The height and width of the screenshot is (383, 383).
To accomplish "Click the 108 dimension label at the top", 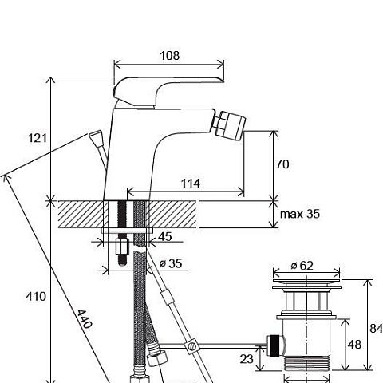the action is point(169,56).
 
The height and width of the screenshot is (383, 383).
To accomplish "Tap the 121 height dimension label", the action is point(38,138).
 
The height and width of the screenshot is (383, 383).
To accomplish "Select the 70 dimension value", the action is point(282,164).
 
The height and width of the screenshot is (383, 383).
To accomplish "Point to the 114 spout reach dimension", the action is point(191,184).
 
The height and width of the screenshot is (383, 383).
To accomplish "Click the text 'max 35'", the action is point(300,214).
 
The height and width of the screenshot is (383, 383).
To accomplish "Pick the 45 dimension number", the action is point(165,236).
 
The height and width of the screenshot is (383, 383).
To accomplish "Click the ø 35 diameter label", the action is point(171,263).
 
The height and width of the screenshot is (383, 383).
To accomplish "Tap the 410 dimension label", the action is point(36,296).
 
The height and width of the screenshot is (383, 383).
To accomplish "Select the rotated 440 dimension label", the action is point(85,318).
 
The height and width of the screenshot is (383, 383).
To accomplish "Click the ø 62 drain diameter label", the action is point(302,266).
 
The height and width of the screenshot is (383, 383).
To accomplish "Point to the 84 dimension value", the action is point(376,329).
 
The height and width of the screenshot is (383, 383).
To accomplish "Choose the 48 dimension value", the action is point(354,345).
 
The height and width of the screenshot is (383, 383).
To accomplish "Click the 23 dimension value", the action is point(247,359).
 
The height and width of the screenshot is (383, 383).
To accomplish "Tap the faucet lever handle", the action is point(165,90).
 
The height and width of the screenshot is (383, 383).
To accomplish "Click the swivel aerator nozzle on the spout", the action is point(231,124).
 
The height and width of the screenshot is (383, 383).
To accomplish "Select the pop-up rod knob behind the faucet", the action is point(96,137).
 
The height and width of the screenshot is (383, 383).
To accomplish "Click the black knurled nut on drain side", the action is point(274,345).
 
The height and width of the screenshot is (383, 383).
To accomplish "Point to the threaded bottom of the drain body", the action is point(306,363).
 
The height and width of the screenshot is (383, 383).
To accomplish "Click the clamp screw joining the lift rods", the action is point(191,346).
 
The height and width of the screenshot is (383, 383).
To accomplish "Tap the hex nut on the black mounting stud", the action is point(122,247).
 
